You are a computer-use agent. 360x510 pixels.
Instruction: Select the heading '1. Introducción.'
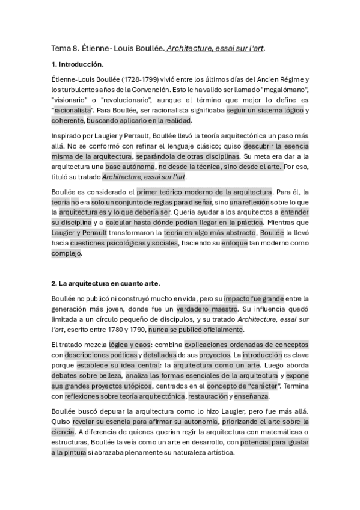(78, 64)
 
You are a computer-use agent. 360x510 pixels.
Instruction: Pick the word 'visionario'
(71, 100)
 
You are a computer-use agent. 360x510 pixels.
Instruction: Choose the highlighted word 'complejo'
(66, 253)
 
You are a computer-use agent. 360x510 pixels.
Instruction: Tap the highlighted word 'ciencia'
(63, 431)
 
